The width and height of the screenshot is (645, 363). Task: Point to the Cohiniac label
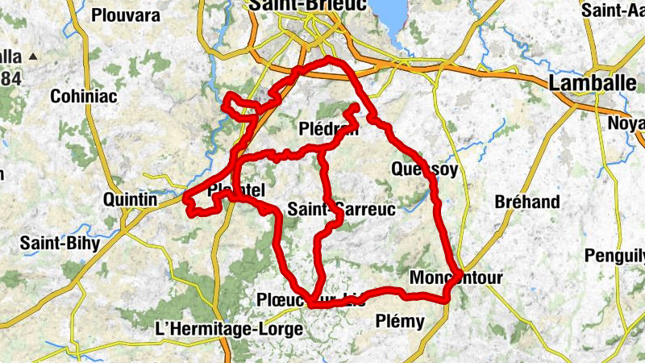point(84,97)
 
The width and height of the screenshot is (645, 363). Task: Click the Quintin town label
point(131,199)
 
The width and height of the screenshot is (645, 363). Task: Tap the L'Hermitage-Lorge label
point(228,329)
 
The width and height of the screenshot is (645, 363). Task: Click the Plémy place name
point(400,322)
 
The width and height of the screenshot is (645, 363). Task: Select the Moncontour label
point(456,278)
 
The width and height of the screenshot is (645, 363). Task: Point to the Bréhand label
point(527,202)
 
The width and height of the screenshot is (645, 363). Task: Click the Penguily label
point(616,257)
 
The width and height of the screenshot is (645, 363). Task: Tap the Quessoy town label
point(424,169)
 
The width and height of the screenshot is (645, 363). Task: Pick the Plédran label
point(328,131)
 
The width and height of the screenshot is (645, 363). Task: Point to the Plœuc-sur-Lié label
point(311,299)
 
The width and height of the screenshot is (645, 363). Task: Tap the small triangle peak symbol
point(33,56)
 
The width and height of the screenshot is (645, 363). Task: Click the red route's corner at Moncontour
point(459,274)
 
